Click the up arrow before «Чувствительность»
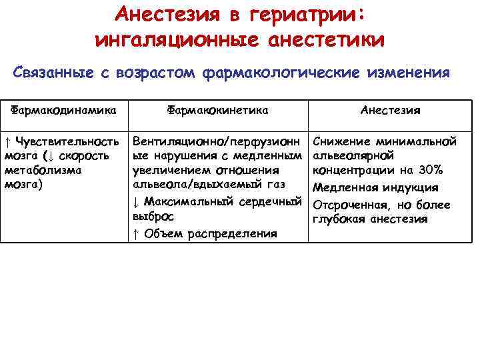7,141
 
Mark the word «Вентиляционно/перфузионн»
218,141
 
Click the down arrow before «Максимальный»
135,201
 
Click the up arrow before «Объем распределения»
135,233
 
